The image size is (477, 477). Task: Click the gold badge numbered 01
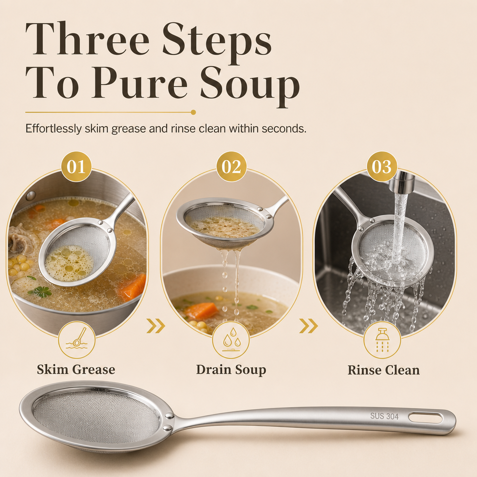[x=76, y=166]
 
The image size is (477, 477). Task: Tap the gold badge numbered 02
[x=231, y=166]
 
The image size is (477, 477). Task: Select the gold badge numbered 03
[x=382, y=166]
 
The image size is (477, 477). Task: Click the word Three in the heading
[x=88, y=39]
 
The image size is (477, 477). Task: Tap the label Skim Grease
[x=76, y=369]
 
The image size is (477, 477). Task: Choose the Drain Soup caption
[x=231, y=369]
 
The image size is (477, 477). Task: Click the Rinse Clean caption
[x=384, y=370]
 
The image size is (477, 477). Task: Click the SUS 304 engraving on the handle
[x=384, y=416]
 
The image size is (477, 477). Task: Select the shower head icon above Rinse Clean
[x=382, y=340]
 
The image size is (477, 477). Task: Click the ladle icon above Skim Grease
[x=77, y=338]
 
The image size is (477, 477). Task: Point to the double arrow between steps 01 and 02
[x=156, y=326]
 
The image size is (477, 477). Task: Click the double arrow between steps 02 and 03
[x=308, y=326]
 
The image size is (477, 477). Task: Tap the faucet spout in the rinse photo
[x=402, y=181]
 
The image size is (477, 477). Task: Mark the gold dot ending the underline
[x=193, y=112]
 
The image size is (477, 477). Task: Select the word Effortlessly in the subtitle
[x=54, y=129]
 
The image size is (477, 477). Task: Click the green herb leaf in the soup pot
[x=41, y=292]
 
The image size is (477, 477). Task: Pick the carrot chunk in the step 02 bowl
[x=202, y=310]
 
